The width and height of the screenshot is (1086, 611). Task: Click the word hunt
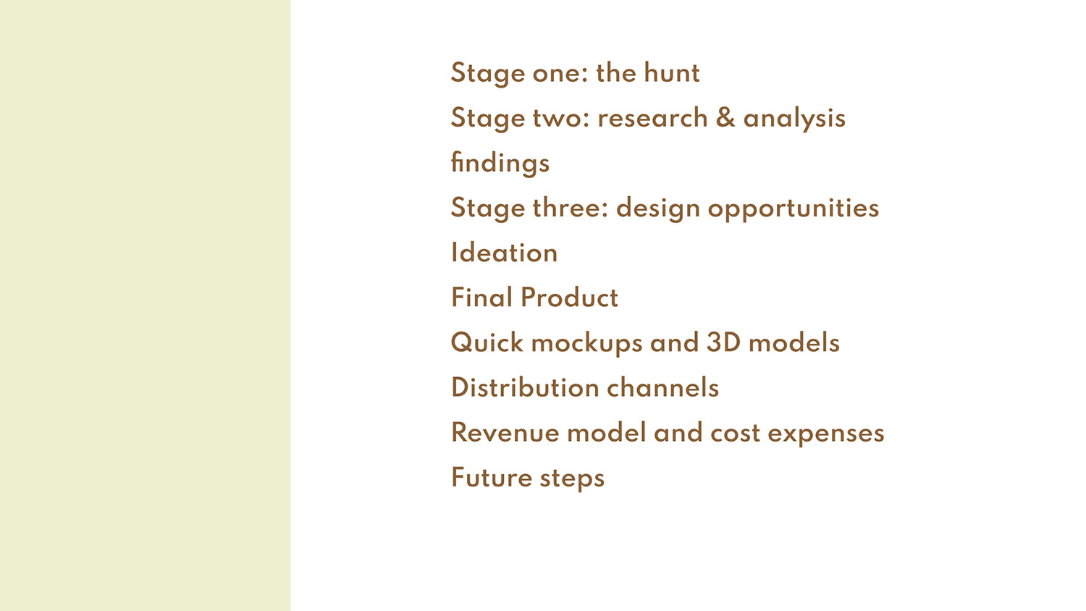(671, 72)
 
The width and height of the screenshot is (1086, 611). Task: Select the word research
(652, 118)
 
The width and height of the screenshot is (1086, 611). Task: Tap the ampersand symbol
(725, 117)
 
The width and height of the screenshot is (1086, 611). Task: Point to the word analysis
(794, 118)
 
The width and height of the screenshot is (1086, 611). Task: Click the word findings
(500, 163)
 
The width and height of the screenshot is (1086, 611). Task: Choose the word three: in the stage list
(571, 208)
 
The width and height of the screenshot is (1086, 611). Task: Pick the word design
(658, 208)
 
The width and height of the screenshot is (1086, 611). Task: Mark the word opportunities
(794, 208)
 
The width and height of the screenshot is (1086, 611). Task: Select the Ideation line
(504, 253)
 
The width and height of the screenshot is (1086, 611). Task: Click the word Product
(569, 298)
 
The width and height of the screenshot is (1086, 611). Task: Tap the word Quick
(487, 343)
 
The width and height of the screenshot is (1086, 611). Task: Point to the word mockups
(586, 343)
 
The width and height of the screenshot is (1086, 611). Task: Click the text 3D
(723, 342)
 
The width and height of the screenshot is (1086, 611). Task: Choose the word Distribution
(525, 387)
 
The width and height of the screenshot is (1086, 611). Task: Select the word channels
(662, 387)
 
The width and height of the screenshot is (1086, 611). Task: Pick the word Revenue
(505, 432)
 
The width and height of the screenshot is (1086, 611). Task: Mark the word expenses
(826, 434)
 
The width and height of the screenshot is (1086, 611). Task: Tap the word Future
(492, 478)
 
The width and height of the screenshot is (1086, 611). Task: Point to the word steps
(572, 479)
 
